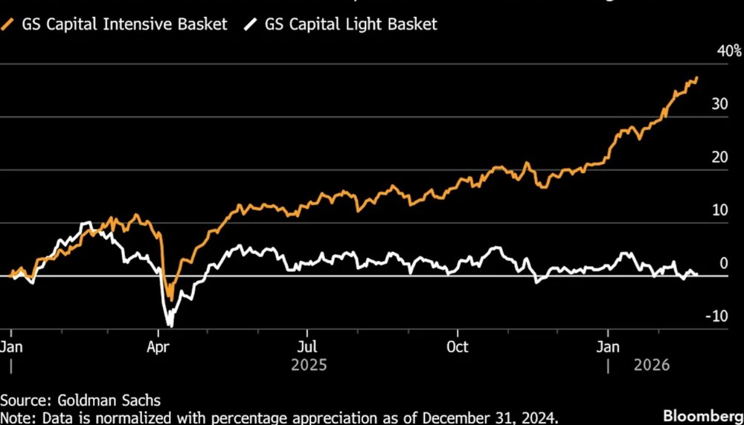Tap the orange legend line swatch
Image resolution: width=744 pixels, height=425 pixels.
click(10, 25)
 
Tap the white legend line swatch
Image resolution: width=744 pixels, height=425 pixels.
click(251, 25)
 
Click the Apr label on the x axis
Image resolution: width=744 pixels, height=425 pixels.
click(158, 347)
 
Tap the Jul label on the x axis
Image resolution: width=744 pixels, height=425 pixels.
click(307, 347)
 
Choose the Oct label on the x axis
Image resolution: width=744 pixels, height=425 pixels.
click(458, 347)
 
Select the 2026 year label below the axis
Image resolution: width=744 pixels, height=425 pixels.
click(652, 366)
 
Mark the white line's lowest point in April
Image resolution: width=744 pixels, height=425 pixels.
click(171, 325)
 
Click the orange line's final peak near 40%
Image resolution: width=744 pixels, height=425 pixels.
click(696, 78)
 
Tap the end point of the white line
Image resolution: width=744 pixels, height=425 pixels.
click(697, 274)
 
